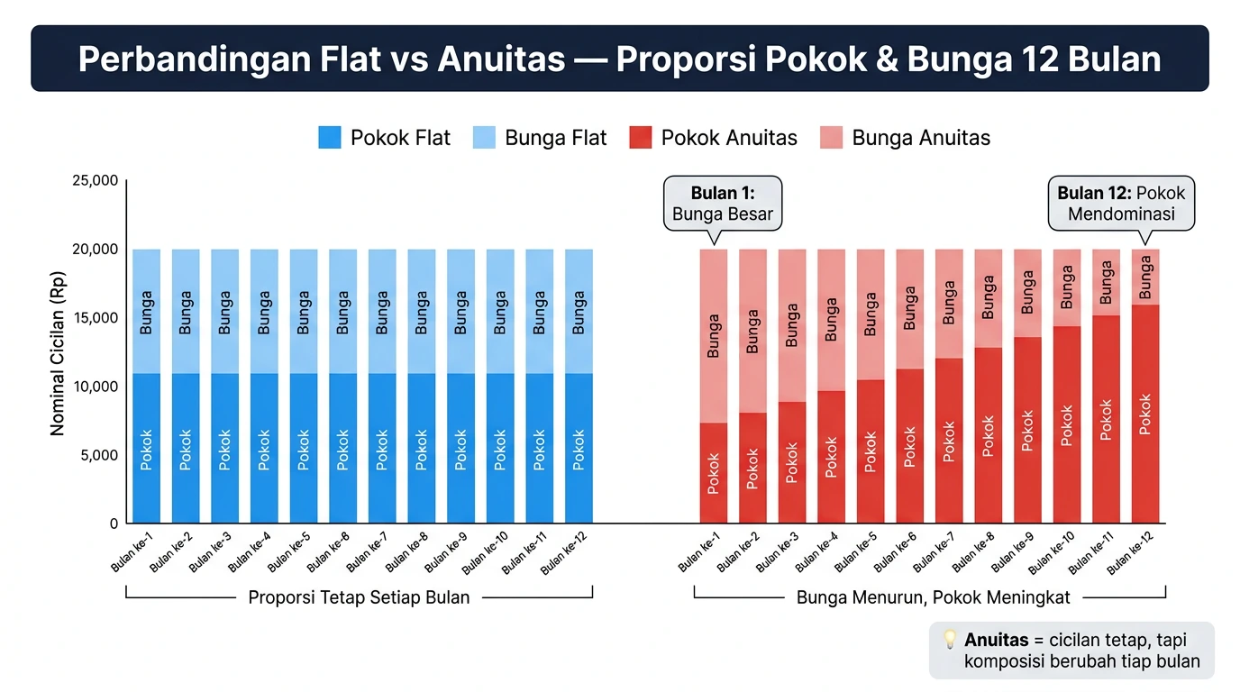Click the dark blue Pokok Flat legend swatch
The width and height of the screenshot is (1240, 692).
pyautogui.click(x=330, y=138)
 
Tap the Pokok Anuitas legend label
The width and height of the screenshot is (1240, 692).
pyautogui.click(x=728, y=138)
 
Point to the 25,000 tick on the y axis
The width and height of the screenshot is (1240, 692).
pyautogui.click(x=95, y=180)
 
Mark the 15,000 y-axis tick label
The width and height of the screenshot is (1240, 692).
pyautogui.click(x=95, y=318)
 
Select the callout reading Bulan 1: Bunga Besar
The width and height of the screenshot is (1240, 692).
pyautogui.click(x=722, y=204)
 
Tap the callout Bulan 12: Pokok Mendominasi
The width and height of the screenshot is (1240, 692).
pyautogui.click(x=1121, y=204)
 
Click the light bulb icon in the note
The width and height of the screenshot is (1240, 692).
pyautogui.click(x=949, y=640)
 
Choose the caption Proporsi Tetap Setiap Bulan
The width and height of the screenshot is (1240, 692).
pyautogui.click(x=359, y=597)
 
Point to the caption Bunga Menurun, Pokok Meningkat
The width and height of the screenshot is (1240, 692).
pyautogui.click(x=934, y=597)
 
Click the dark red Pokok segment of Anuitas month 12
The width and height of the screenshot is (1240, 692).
pyautogui.click(x=1145, y=414)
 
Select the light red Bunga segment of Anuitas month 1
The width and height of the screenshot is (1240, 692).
pyautogui.click(x=714, y=335)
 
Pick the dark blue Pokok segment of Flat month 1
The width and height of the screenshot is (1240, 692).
pyautogui.click(x=146, y=448)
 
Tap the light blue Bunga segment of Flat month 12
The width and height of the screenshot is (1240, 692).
pyautogui.click(x=579, y=311)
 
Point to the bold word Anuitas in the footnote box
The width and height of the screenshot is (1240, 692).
pyautogui.click(x=996, y=640)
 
